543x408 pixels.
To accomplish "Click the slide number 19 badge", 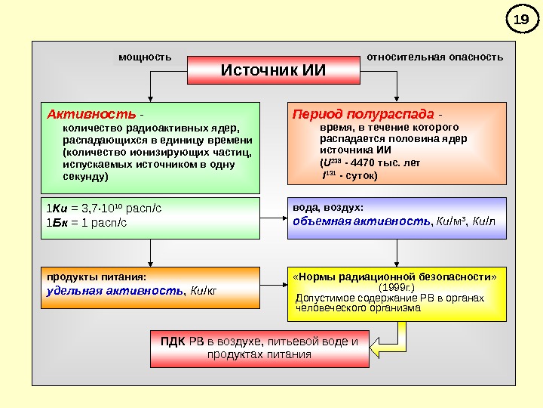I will pos(518,20).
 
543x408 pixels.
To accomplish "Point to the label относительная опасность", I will pos(434,57).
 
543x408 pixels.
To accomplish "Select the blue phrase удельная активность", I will pos(115,290).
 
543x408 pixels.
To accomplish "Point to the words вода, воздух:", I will pos(327,207).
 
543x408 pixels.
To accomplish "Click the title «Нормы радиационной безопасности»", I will pos(394,277).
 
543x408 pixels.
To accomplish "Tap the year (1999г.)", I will pos(396,288).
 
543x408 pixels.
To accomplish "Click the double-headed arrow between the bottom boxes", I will pos(273,287).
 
